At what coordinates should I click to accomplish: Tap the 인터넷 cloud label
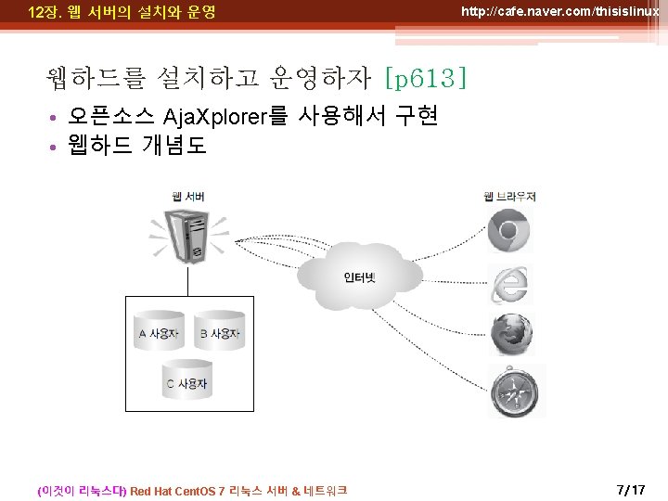point(360,277)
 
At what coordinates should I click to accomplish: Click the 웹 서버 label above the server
point(188,196)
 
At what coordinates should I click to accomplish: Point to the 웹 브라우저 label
point(509,196)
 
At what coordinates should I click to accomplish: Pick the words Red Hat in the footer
point(152,491)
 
